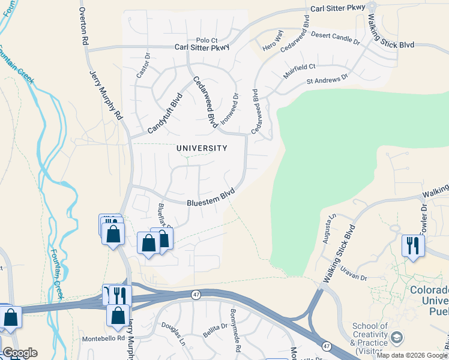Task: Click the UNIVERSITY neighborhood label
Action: (x=202, y=148)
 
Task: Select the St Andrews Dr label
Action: (x=327, y=79)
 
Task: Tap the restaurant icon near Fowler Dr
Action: (x=413, y=245)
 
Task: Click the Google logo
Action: (x=20, y=353)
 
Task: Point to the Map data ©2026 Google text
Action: (x=411, y=355)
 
